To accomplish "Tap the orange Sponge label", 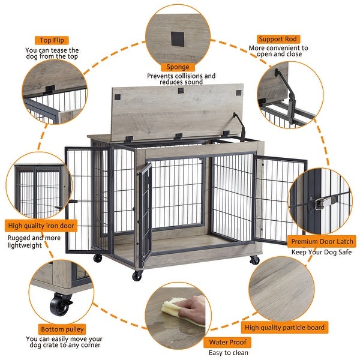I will click(178, 67).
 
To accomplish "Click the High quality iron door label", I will click(42, 226).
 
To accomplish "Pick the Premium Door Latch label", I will click(322, 241).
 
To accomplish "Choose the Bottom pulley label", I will click(62, 329).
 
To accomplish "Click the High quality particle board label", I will click(285, 328).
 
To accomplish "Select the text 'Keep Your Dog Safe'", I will click(322, 252).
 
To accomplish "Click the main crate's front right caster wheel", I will click(254, 260).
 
